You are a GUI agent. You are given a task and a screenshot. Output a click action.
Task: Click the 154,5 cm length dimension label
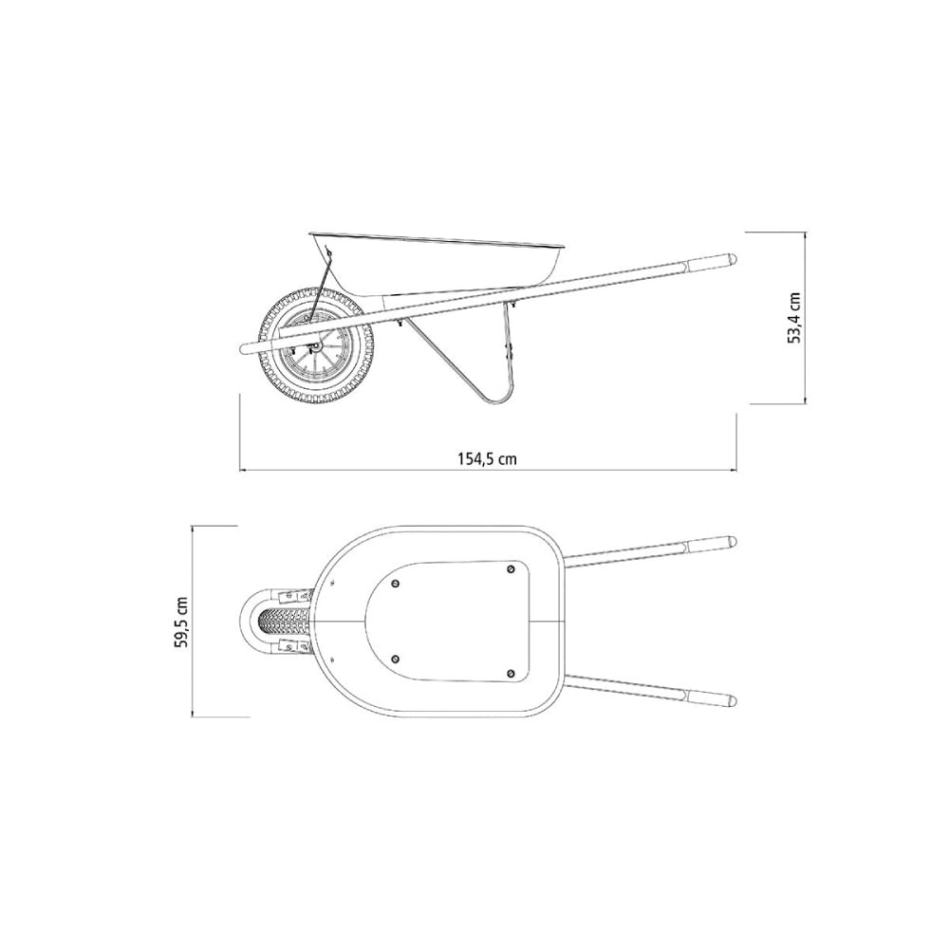tap(487, 458)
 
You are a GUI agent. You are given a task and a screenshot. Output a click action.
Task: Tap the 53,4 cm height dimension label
tap(794, 318)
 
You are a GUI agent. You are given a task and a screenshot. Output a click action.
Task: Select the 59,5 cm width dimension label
tap(181, 623)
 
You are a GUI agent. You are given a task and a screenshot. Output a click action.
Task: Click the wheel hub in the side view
tap(313, 346)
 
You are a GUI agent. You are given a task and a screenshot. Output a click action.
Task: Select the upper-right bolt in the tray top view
tap(511, 568)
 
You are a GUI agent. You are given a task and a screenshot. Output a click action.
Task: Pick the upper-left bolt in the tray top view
tap(396, 584)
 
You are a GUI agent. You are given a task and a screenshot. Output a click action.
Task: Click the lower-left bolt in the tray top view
tap(396, 660)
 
